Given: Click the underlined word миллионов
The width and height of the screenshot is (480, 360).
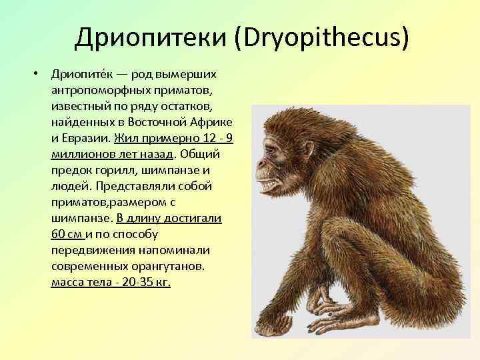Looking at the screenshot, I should click(79, 154).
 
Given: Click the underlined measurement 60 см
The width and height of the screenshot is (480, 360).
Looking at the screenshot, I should click(66, 234).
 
